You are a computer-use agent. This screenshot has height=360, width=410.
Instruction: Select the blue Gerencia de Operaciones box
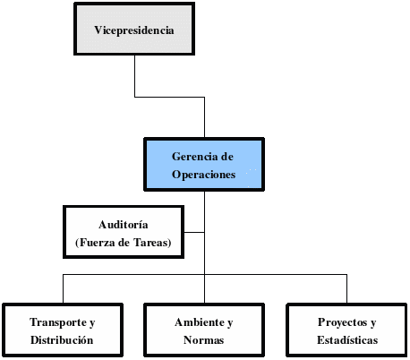click(204, 164)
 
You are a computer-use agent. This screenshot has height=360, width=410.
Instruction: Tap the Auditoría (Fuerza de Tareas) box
click(124, 232)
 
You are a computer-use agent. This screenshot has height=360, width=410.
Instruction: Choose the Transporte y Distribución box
click(62, 330)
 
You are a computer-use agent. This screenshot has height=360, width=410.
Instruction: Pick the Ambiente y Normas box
click(204, 330)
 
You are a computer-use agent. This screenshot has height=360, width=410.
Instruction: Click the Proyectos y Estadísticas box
click(346, 330)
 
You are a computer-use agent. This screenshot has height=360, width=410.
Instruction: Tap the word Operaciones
click(204, 175)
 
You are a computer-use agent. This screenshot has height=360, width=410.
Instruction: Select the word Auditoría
click(124, 224)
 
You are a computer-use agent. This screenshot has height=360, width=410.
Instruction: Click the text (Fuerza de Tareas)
click(124, 242)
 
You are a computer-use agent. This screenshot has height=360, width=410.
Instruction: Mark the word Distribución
click(62, 340)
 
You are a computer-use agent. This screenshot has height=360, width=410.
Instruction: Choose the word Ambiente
click(197, 322)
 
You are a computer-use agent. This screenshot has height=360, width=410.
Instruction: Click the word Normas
click(204, 340)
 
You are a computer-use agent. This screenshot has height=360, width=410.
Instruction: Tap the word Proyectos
click(340, 322)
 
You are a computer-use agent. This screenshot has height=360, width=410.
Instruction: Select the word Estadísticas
click(346, 340)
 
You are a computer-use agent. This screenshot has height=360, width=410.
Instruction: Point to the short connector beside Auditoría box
click(194, 232)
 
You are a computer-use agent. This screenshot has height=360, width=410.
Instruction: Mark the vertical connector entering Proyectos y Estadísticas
click(346, 290)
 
